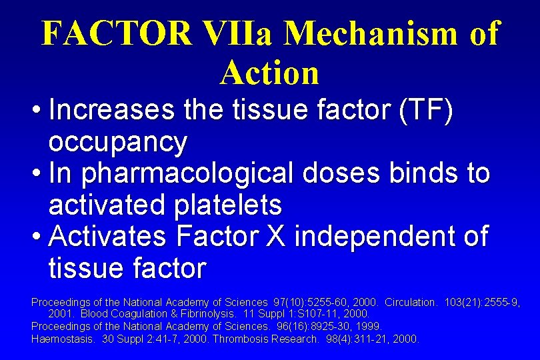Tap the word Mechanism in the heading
coord(370,33)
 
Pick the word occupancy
coord(118,142)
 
